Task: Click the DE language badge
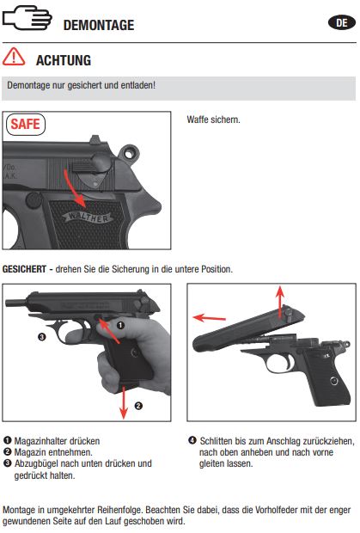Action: (x=342, y=22)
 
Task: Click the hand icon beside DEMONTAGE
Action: (x=27, y=18)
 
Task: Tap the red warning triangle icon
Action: (x=14, y=57)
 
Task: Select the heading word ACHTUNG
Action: (x=64, y=60)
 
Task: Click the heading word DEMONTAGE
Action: (x=99, y=25)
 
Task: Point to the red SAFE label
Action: (x=26, y=124)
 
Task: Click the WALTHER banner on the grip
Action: (x=88, y=217)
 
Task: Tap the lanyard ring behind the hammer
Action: (x=129, y=154)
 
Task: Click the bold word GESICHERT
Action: (x=24, y=269)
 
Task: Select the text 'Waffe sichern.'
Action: (x=213, y=119)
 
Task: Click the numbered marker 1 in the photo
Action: (x=120, y=325)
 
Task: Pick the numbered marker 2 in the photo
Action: (x=138, y=406)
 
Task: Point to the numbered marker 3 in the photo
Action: (x=42, y=337)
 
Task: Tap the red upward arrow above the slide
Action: (x=280, y=301)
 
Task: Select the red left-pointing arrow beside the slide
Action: (x=209, y=318)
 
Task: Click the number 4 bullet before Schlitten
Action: (x=192, y=440)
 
